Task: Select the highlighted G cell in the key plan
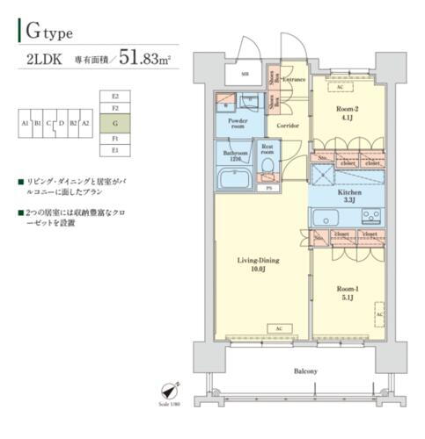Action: (115, 124)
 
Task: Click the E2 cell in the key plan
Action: (115, 95)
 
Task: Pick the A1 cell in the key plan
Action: (26, 124)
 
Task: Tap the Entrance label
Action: (294, 80)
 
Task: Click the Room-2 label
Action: (347, 110)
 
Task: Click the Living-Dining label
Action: (256, 262)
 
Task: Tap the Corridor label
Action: (289, 126)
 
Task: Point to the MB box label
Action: (245, 74)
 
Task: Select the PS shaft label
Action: (266, 188)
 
